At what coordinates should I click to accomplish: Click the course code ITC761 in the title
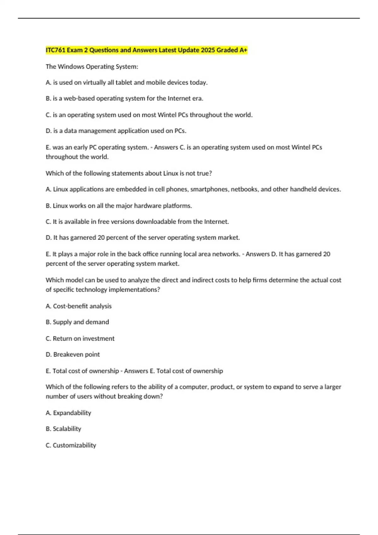tap(55, 50)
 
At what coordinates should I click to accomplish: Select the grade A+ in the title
tap(243, 50)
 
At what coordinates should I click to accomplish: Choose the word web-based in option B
tap(79, 99)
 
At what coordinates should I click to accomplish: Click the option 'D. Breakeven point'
tap(73, 354)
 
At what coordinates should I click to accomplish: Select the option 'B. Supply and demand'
tap(77, 322)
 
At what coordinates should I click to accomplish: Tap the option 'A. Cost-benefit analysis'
tap(78, 306)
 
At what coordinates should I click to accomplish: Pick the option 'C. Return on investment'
tap(80, 338)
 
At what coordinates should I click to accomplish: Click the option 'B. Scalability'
tap(63, 429)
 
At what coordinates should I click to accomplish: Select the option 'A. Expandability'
tap(68, 413)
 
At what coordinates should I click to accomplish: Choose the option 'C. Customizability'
tap(71, 445)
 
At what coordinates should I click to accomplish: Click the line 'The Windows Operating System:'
tap(92, 66)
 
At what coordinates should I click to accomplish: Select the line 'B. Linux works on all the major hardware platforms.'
tap(119, 206)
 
